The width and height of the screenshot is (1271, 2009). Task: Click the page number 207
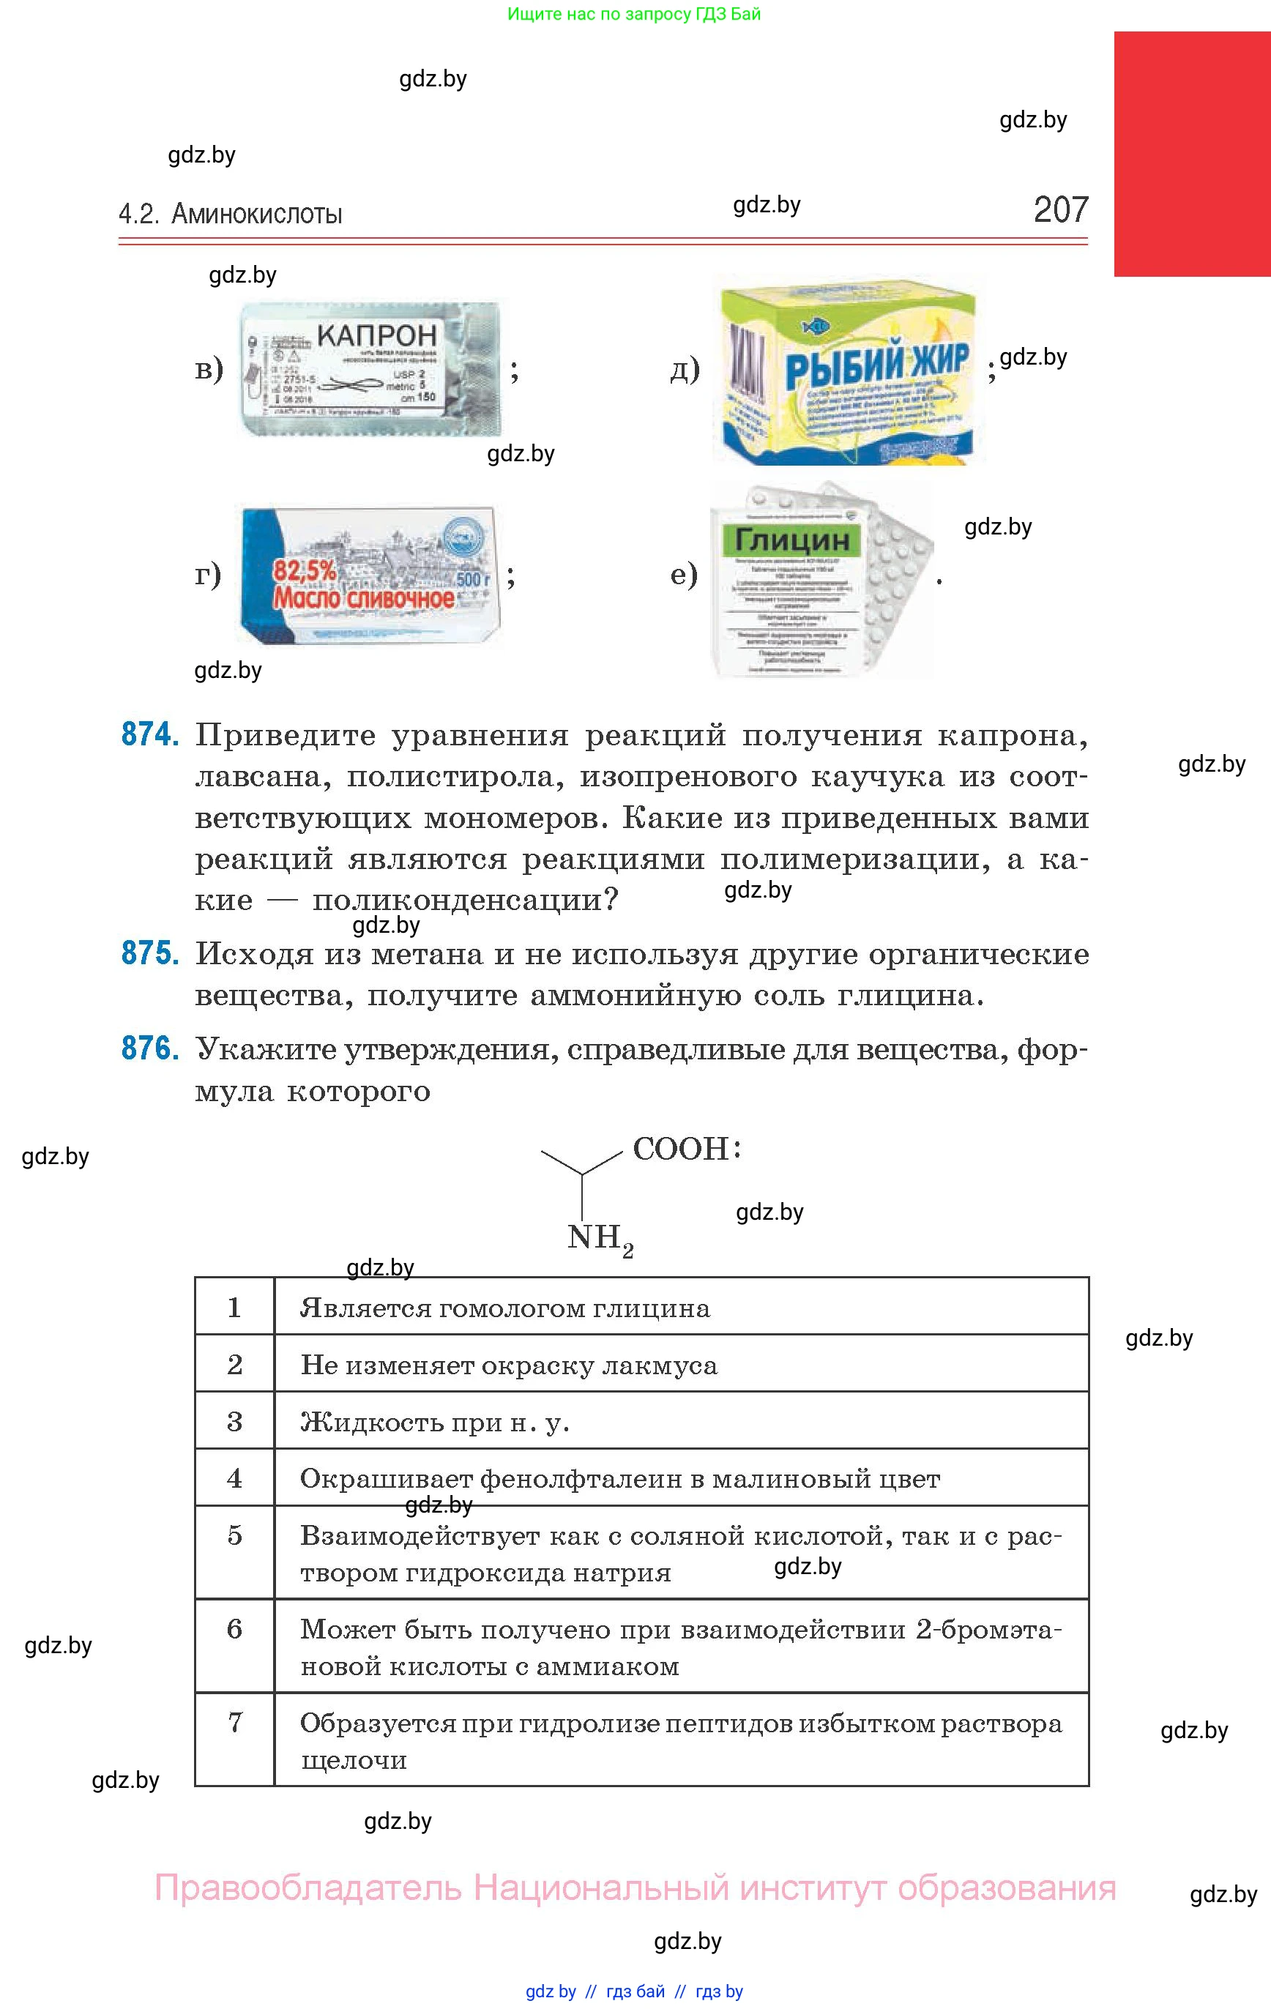point(1060,209)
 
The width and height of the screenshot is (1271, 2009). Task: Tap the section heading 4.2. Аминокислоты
point(231,215)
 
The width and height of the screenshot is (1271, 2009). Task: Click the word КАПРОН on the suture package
point(376,335)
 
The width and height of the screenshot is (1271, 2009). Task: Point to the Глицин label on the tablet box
point(791,540)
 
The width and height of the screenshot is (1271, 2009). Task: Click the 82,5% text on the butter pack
point(305,570)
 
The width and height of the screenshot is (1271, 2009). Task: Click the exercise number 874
point(149,734)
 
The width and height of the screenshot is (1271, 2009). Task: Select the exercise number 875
point(149,953)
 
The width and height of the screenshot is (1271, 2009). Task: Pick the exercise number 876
point(149,1048)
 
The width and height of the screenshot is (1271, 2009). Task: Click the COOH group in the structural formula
point(681,1149)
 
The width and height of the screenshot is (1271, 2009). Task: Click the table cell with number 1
point(234,1308)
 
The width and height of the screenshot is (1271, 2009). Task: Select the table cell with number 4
point(234,1477)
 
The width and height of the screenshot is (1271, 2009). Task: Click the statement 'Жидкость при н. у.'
point(435,1422)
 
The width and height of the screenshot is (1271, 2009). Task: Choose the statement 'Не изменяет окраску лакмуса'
point(508,1365)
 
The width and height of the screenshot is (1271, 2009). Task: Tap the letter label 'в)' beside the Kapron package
point(209,368)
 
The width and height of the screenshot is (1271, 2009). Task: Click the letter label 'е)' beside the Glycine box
point(684,574)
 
